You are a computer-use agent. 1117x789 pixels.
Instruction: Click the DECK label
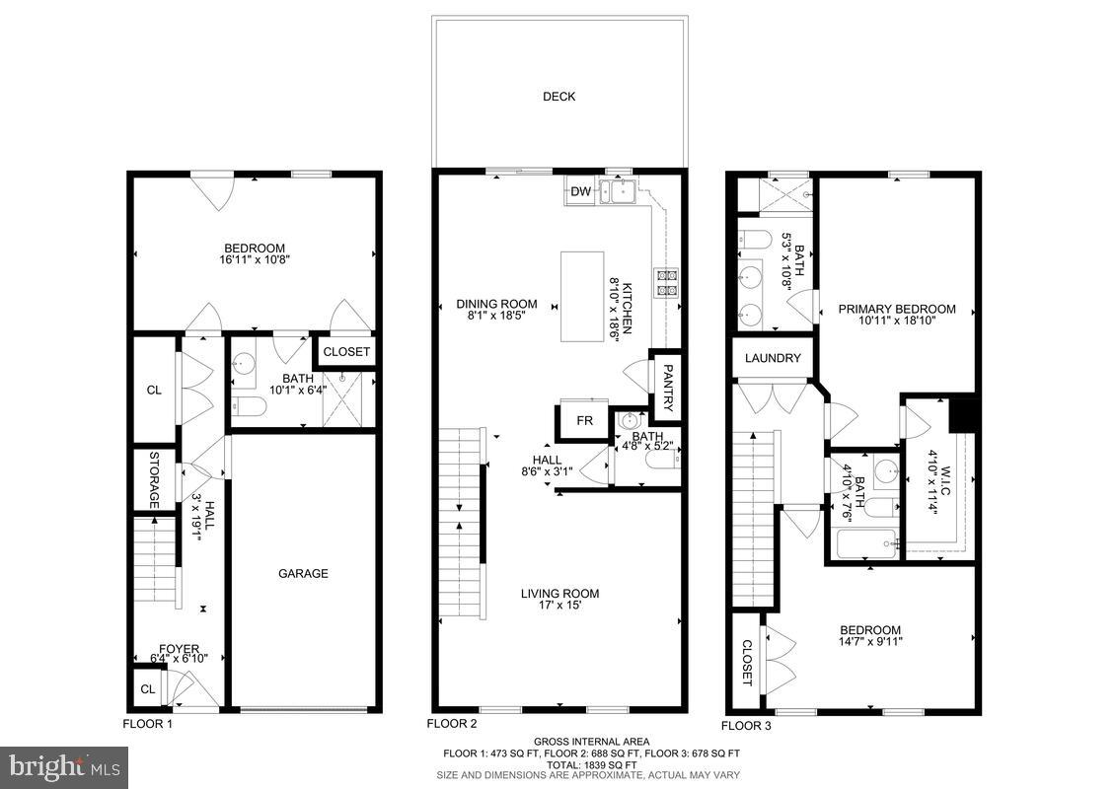pyautogui.click(x=558, y=97)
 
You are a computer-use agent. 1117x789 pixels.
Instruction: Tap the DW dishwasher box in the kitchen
pyautogui.click(x=580, y=192)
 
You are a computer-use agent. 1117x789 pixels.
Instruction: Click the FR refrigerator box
pyautogui.click(x=584, y=420)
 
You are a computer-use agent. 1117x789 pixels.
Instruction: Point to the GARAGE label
pyautogui.click(x=303, y=573)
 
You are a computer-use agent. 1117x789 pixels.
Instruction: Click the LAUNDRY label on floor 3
pyautogui.click(x=773, y=358)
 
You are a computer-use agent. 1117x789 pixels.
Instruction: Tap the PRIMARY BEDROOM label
pyautogui.click(x=897, y=309)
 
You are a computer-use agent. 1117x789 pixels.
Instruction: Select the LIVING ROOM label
pyautogui.click(x=560, y=594)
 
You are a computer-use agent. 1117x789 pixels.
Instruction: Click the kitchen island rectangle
pyautogui.click(x=582, y=297)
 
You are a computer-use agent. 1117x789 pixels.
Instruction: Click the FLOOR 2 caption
pyautogui.click(x=452, y=723)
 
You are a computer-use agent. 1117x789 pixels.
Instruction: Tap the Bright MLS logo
pyautogui.click(x=65, y=764)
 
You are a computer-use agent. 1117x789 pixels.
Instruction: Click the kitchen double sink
pyautogui.click(x=622, y=191)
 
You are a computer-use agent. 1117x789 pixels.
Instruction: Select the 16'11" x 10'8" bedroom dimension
pyautogui.click(x=255, y=261)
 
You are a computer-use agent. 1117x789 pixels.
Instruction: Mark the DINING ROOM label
pyautogui.click(x=496, y=304)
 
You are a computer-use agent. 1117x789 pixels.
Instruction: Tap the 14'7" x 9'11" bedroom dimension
pyautogui.click(x=870, y=643)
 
